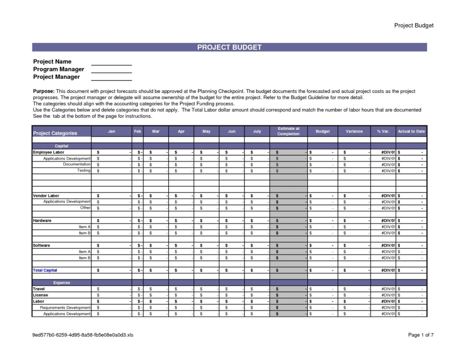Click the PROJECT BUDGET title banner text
tap(229, 47)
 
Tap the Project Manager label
tap(56, 77)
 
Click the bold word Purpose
tap(43, 91)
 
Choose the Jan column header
tap(111, 131)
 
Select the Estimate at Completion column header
tap(288, 131)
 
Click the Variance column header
tap(354, 131)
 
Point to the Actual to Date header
tap(411, 131)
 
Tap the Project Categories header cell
tap(55, 133)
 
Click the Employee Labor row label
tap(49, 152)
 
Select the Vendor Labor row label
tap(46, 196)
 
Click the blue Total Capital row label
tap(45, 270)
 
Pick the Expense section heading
tap(62, 283)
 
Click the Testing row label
tap(83, 171)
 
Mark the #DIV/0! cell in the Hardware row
tap(388, 220)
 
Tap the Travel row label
tap(39, 289)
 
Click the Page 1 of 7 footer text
tap(420, 335)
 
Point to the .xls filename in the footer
tap(83, 335)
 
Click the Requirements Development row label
tap(65, 308)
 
